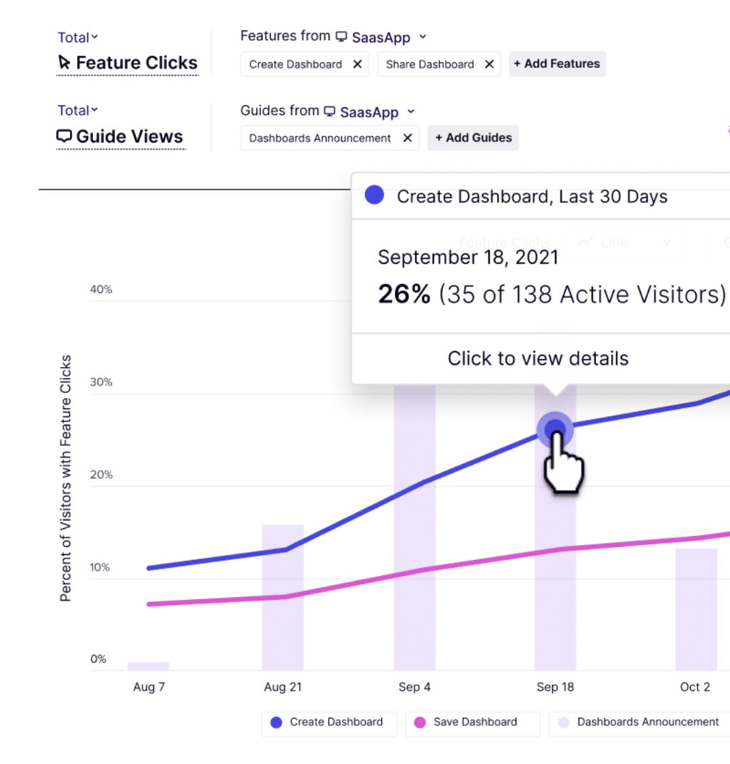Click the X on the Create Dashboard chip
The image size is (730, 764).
[358, 64]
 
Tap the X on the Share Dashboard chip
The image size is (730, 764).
[489, 64]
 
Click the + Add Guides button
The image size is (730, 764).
[473, 138]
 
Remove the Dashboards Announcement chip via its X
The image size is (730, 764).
[407, 138]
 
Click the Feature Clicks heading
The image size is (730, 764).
[128, 63]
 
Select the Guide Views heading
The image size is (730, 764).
[121, 137]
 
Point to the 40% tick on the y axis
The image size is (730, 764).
[101, 290]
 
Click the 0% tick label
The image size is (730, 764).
[98, 659]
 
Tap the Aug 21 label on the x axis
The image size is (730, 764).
[282, 687]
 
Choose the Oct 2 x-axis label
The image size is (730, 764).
[695, 687]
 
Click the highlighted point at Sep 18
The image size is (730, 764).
[555, 429]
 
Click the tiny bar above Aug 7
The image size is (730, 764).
[148, 666]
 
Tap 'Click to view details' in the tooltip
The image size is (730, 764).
[538, 358]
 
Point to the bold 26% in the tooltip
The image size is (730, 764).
[404, 294]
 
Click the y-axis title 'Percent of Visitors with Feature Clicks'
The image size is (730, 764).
[66, 478]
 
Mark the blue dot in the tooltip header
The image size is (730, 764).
[374, 195]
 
